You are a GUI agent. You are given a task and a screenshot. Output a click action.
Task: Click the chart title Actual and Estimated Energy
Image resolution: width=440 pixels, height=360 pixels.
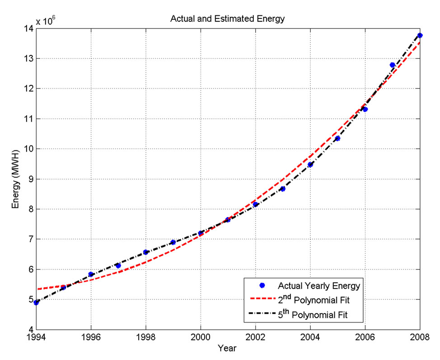coord(227,19)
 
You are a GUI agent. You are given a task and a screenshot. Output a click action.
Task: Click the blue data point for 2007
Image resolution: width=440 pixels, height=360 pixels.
coord(392,65)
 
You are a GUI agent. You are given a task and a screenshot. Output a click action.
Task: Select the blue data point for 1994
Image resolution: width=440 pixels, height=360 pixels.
coord(36,303)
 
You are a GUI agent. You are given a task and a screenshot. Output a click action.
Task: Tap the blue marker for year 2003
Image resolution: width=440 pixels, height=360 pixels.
coord(282,189)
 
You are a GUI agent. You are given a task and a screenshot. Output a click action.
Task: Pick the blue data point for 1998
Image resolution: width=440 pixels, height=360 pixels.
coord(145,252)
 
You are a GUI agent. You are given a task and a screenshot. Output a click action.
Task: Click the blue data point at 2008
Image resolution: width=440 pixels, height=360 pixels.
coord(420,35)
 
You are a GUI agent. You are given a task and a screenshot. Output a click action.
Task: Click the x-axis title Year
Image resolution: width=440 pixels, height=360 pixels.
coord(227,348)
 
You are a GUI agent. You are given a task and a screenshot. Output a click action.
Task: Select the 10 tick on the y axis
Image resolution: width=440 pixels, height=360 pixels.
coord(27,149)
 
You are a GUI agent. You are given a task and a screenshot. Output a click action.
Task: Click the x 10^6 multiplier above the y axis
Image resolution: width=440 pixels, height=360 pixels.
coord(48,20)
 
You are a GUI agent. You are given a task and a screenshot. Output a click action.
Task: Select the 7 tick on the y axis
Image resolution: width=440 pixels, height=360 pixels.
coord(28,239)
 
